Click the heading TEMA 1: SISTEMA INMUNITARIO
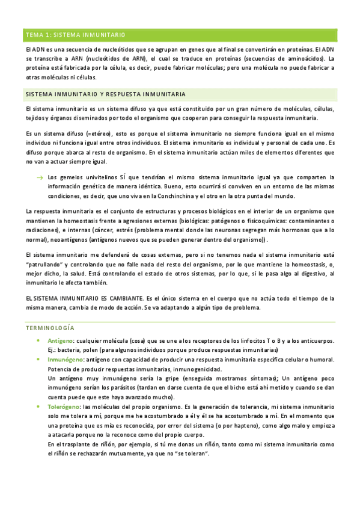click(x=75, y=35)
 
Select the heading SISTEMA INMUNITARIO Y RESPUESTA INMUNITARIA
click(x=105, y=95)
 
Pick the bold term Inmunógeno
click(x=64, y=360)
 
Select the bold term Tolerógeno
click(x=63, y=407)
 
